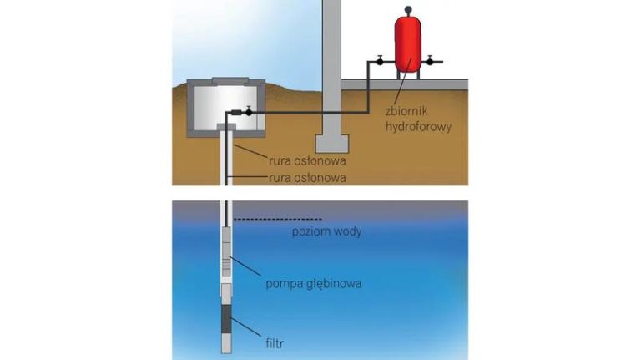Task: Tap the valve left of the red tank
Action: point(379,60)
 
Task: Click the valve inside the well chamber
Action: point(247,112)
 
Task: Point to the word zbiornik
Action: point(406,108)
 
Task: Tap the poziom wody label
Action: point(326,231)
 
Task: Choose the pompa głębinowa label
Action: point(313,284)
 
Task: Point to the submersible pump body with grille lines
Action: point(227,264)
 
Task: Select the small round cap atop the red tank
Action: point(407,9)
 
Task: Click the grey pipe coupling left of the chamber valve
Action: point(235,112)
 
